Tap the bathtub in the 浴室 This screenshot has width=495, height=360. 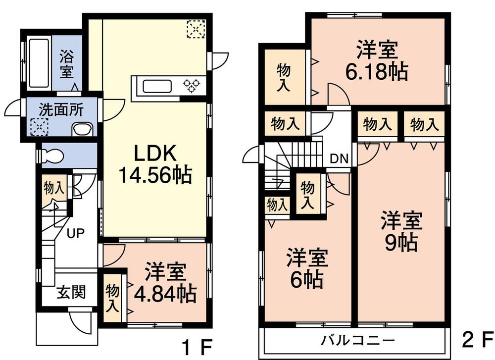click(38, 63)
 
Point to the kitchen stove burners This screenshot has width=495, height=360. click(194, 86)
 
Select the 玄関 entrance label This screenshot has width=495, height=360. click(70, 292)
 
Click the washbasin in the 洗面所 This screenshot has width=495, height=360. click(81, 130)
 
